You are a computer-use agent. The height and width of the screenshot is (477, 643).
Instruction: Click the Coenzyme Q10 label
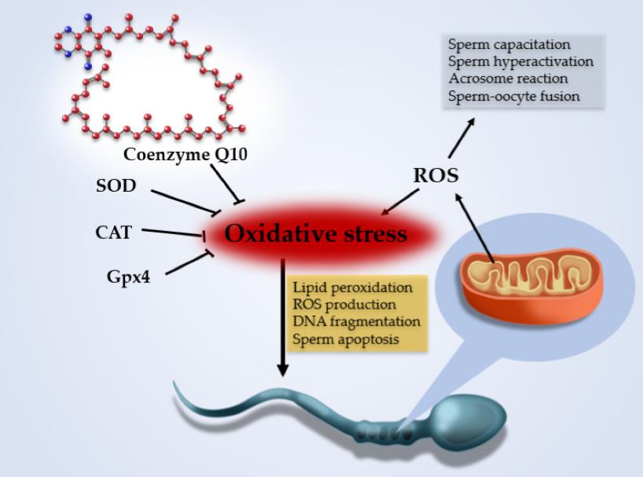[x=186, y=153]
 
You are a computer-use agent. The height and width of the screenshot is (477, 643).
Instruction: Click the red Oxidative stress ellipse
[x=316, y=234]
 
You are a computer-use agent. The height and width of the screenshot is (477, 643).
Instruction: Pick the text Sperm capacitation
[x=509, y=45]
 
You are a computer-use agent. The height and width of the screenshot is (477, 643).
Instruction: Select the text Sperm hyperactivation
[x=520, y=62]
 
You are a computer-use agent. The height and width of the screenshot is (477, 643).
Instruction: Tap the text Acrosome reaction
[x=508, y=79]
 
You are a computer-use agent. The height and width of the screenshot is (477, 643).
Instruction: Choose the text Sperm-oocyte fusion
[x=514, y=97]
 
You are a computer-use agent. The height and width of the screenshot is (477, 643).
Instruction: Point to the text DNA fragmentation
[x=356, y=322]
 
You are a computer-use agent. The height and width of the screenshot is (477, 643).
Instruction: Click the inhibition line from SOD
[x=184, y=201]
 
